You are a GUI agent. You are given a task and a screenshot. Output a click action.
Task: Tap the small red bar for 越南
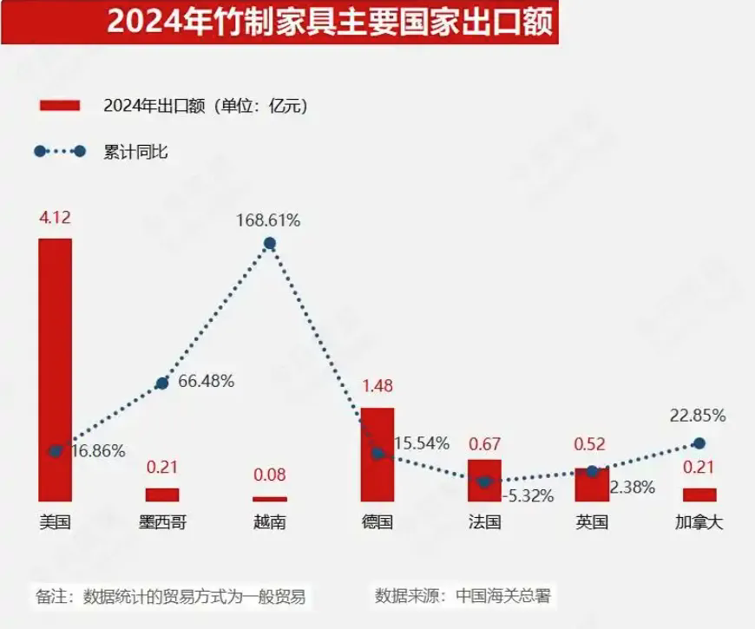(x=270, y=499)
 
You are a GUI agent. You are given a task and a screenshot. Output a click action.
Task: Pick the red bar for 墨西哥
(x=162, y=495)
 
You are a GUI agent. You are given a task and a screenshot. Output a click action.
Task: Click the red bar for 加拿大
(x=699, y=495)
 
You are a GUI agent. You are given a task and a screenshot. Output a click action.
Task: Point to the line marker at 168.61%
(x=270, y=244)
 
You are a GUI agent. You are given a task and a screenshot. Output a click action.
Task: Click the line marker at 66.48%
(x=162, y=383)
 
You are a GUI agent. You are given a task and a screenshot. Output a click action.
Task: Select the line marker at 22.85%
(x=699, y=443)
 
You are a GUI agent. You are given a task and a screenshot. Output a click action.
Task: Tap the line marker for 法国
(x=485, y=482)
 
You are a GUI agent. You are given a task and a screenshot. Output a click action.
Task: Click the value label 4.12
(x=55, y=217)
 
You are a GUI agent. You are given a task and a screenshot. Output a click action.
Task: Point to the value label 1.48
(x=377, y=386)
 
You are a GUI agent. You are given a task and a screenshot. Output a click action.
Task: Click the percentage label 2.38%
(x=632, y=488)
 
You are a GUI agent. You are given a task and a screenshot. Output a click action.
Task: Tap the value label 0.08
(x=270, y=475)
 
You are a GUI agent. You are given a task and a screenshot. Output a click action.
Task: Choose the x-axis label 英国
(x=592, y=522)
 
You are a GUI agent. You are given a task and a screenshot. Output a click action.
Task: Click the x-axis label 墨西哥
(x=162, y=522)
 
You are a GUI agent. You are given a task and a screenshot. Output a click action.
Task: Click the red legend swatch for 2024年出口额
(x=60, y=106)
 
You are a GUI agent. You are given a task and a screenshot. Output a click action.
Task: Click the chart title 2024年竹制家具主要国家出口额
(x=330, y=22)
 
